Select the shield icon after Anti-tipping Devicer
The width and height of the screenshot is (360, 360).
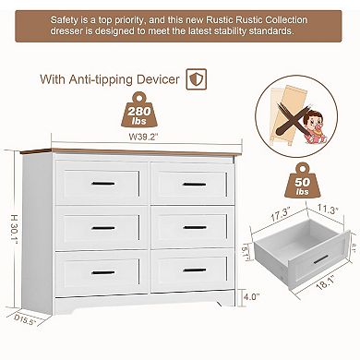[x=195, y=78]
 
